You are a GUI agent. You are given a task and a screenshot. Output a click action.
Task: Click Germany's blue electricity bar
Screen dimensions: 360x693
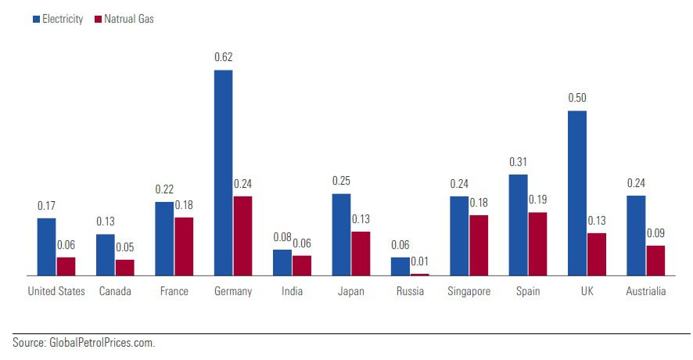pos(223,172)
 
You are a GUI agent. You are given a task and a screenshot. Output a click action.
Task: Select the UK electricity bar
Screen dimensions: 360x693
pos(577,193)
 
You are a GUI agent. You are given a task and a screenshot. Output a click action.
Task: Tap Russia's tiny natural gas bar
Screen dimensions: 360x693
pos(420,274)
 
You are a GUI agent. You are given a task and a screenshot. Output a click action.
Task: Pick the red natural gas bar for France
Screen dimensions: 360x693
pos(184,246)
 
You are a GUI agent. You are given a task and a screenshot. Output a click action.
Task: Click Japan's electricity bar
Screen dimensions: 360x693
pos(341,234)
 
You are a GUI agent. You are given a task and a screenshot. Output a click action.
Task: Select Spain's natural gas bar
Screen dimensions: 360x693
pos(537,243)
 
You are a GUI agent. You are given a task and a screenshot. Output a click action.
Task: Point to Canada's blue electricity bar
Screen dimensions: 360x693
pos(106,254)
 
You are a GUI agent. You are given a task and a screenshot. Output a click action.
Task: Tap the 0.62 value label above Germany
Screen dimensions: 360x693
pos(224,57)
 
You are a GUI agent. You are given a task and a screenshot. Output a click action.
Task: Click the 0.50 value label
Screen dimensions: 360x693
pos(577,98)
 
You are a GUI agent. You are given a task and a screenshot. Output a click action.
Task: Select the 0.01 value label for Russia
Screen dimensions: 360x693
pos(420,261)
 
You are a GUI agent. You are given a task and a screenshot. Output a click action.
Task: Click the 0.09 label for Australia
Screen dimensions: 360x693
pos(655,233)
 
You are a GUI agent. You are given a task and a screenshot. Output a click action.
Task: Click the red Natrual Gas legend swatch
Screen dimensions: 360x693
pos(97,19)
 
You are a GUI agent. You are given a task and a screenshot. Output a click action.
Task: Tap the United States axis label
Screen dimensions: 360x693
pos(56,292)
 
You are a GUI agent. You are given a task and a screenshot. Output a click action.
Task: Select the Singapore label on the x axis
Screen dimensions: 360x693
pos(469,292)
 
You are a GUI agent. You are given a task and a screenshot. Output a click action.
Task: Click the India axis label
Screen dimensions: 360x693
pos(292,292)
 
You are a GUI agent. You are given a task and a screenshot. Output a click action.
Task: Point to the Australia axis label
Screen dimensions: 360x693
pos(646,292)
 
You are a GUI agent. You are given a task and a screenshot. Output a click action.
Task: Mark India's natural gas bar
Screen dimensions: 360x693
pos(302,265)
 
